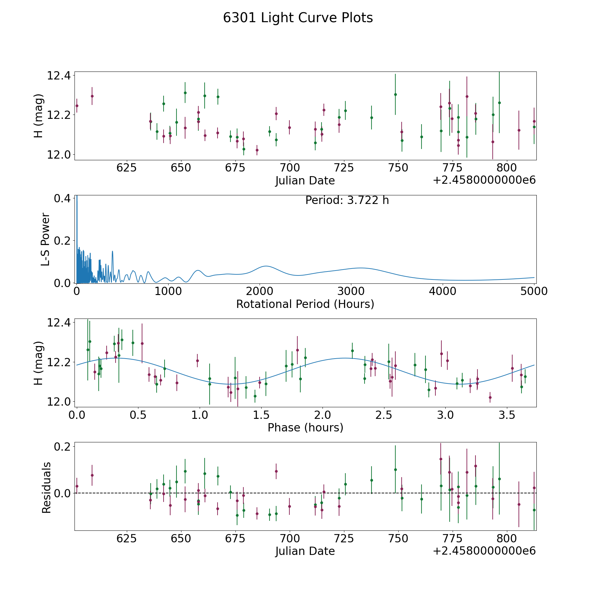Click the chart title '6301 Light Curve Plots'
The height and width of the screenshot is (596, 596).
pos(298,18)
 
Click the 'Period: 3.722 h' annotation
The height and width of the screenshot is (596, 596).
pos(347,200)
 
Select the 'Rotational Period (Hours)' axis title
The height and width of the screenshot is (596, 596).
pos(305,304)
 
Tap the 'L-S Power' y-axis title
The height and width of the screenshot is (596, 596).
pos(45,239)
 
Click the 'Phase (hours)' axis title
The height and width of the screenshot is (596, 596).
pos(305,427)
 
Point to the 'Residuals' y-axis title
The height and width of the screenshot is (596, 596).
pos(46,487)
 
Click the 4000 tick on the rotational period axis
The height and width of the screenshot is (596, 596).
pos(442,291)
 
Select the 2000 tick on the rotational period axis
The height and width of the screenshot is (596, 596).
pos(259,291)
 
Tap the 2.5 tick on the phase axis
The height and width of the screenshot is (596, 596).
pos(384,415)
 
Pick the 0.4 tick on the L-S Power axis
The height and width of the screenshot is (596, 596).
pos(62,198)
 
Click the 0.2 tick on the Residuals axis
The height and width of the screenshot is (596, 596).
pos(62,446)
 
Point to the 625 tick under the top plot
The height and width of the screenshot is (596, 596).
pos(126,168)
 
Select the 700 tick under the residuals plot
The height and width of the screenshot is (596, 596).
pos(290,538)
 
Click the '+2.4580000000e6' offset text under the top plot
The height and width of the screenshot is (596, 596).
pos(484,180)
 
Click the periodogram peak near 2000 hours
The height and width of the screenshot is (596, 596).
pos(266,266)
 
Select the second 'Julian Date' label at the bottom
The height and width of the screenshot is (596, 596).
pos(305,551)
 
